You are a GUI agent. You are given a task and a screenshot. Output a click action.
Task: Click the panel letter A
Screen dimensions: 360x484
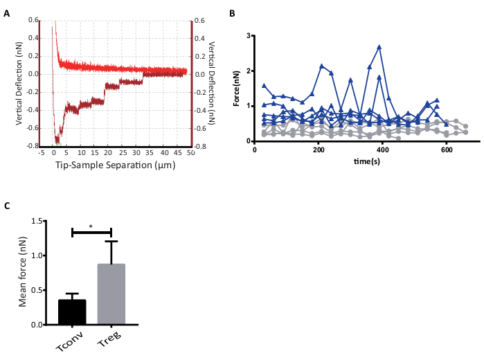7,13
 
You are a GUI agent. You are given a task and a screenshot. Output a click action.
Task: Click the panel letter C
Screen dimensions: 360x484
7,206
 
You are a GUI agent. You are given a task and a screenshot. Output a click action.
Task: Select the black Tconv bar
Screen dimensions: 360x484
72,312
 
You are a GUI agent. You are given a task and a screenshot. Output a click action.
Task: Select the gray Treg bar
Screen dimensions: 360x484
111,294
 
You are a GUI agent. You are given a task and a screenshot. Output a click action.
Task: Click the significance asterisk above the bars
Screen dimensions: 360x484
91,226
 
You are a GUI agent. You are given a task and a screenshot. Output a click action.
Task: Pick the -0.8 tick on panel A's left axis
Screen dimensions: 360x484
31,146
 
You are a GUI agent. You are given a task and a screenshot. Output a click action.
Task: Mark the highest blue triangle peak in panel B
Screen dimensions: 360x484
379,47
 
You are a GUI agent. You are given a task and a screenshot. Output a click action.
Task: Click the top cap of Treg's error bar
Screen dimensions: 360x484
111,241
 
